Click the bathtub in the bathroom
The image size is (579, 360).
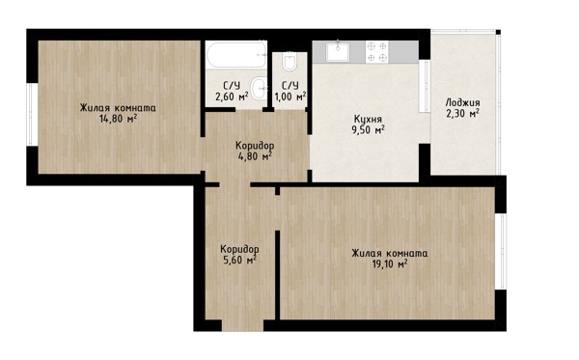(x=236, y=55)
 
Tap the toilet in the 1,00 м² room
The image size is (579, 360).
(x=289, y=63)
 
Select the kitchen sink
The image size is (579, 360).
(x=338, y=51)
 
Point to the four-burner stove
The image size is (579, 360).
(x=377, y=52)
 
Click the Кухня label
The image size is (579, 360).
(x=368, y=120)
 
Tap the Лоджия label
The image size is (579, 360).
(x=462, y=102)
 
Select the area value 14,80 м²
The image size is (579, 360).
(x=118, y=119)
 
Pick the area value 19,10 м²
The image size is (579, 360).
(x=390, y=264)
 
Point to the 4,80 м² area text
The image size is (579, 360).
(x=255, y=156)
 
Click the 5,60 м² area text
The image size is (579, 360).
(x=239, y=260)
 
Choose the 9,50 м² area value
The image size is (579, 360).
(x=368, y=130)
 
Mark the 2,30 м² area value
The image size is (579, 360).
(x=462, y=113)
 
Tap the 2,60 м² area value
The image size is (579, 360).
(x=232, y=97)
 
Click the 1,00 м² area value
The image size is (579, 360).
(x=290, y=97)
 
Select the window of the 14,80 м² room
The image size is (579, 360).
(x=32, y=115)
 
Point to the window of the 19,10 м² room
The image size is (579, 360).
(x=501, y=252)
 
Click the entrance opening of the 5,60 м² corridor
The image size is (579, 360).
(x=242, y=325)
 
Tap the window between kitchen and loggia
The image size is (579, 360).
(x=425, y=87)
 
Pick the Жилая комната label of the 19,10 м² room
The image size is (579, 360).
(x=390, y=253)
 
